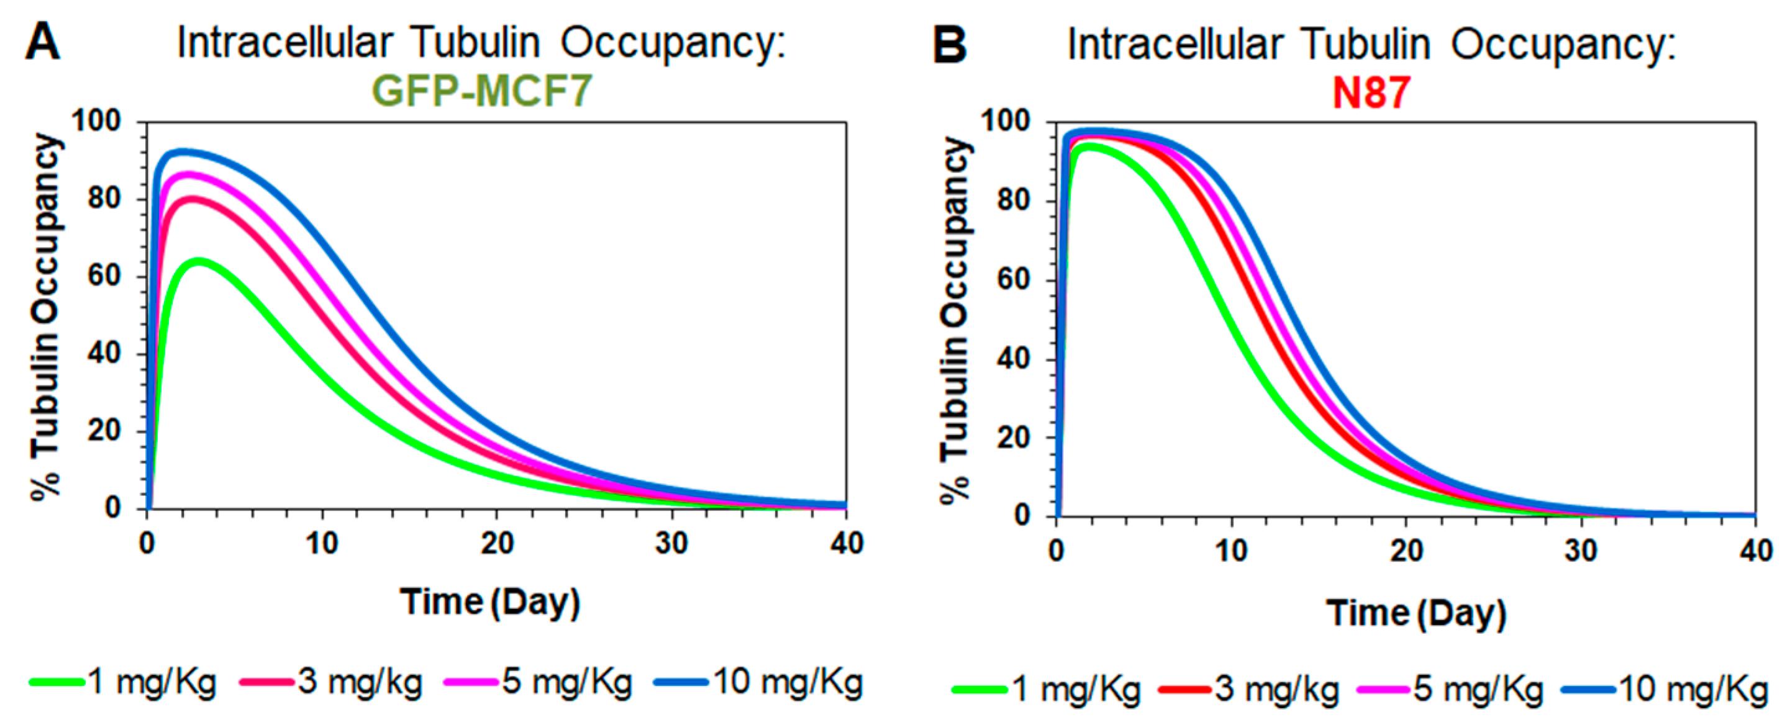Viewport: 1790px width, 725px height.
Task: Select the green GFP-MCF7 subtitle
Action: click(481, 90)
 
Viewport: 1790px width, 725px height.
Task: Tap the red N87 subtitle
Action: click(1371, 92)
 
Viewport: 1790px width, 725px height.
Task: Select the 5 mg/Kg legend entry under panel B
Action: click(1478, 690)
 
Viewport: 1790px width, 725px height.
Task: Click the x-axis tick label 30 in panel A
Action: click(671, 543)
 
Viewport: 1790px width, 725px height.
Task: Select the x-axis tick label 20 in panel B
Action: click(1406, 551)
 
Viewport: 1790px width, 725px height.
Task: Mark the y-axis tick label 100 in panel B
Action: click(1005, 121)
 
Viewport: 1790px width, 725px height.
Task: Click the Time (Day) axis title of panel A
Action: click(490, 602)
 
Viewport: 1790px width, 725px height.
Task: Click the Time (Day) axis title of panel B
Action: click(1416, 613)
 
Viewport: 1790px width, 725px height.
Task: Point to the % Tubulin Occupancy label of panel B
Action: click(956, 320)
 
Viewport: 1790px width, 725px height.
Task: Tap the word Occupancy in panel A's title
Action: click(673, 43)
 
